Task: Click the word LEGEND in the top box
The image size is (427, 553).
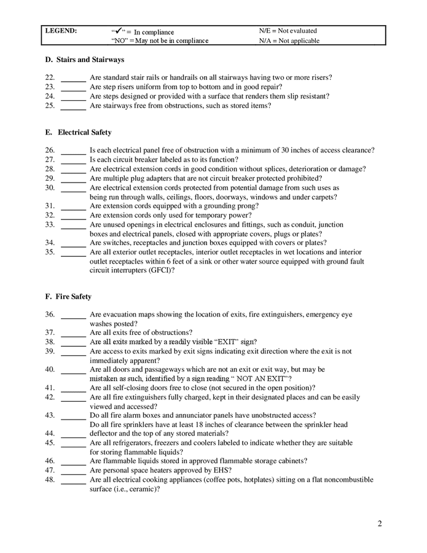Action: click(x=61, y=31)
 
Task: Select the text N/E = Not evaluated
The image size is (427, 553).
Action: click(x=288, y=31)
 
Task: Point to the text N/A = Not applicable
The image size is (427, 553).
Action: click(x=289, y=41)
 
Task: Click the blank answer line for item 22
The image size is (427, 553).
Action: click(x=73, y=79)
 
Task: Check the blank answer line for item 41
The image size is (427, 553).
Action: click(x=73, y=388)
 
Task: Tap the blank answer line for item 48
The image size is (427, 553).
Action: click(x=73, y=480)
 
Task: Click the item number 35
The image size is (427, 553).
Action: click(x=50, y=252)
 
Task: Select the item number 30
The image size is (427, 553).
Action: click(x=50, y=187)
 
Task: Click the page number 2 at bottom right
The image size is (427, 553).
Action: click(x=380, y=524)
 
